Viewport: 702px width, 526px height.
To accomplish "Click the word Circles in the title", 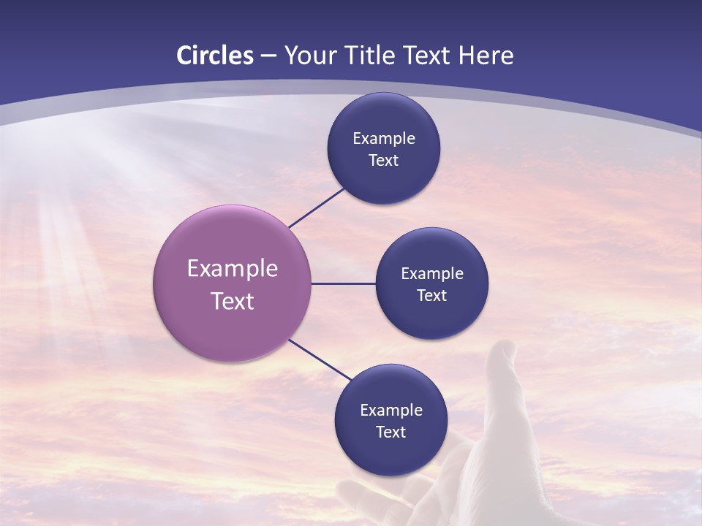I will (x=215, y=56).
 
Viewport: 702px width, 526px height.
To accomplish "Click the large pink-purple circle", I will (x=232, y=321).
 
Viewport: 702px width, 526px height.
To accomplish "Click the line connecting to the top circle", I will (x=317, y=207).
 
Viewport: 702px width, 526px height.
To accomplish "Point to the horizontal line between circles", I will (x=343, y=283).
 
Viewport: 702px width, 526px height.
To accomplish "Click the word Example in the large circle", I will (x=233, y=269).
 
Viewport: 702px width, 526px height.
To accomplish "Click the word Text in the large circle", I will (x=233, y=301).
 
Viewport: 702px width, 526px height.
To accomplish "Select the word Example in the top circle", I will (x=384, y=139).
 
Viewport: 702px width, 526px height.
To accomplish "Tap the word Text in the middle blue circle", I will (x=431, y=295).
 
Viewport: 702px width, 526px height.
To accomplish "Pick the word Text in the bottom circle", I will (x=390, y=432).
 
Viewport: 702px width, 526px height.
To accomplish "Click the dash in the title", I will (x=268, y=56).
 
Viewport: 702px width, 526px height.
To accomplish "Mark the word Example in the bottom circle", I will (x=391, y=411).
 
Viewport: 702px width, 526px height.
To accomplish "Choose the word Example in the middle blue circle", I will (x=432, y=274).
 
